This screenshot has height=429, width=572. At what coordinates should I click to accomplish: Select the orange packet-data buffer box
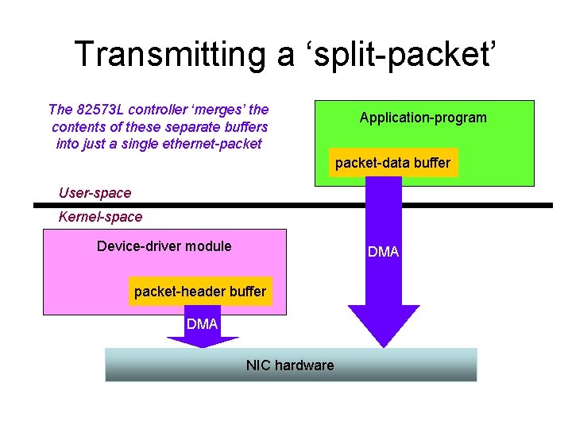pyautogui.click(x=392, y=163)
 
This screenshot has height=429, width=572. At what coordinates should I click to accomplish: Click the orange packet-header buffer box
pyautogui.click(x=200, y=292)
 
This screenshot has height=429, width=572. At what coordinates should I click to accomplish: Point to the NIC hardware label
pyautogui.click(x=290, y=365)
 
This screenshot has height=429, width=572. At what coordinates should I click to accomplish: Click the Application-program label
pyautogui.click(x=423, y=118)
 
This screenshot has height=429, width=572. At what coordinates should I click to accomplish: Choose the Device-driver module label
pyautogui.click(x=164, y=246)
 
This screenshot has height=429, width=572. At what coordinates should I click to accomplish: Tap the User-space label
pyautogui.click(x=95, y=193)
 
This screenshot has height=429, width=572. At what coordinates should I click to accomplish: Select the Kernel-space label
pyautogui.click(x=101, y=217)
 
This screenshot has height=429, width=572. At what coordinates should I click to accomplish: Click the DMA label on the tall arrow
pyautogui.click(x=383, y=252)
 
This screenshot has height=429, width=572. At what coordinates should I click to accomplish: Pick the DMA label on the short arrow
pyautogui.click(x=202, y=324)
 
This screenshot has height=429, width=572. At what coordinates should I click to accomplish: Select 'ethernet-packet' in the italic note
pyautogui.click(x=214, y=144)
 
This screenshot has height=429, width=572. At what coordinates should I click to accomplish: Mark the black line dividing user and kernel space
pyautogui.click(x=286, y=205)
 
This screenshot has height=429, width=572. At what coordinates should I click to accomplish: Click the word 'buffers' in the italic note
pyautogui.click(x=245, y=127)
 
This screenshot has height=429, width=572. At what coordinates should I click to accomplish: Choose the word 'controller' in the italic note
pyautogui.click(x=158, y=110)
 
